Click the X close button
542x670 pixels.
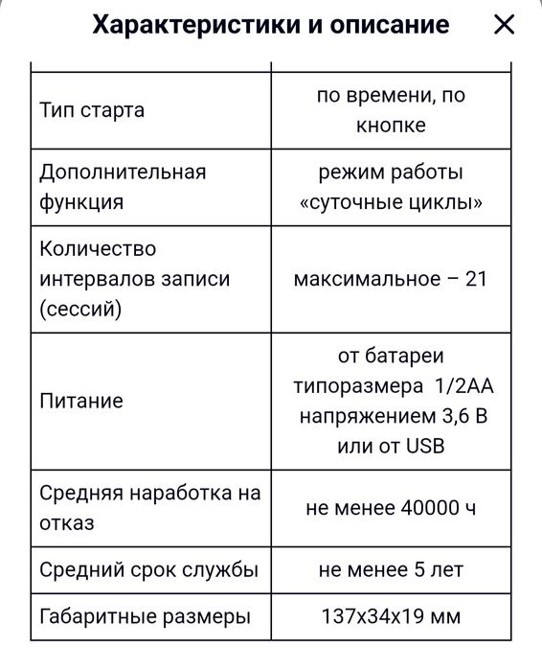[x=504, y=25]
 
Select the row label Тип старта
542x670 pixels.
[x=92, y=110]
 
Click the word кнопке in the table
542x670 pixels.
[x=391, y=126]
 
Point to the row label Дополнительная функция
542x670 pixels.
[x=123, y=187]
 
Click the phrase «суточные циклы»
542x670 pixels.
[x=390, y=203]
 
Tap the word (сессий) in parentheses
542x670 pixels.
[x=81, y=310]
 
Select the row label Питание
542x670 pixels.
[x=81, y=401]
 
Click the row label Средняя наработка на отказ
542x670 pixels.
[x=149, y=508]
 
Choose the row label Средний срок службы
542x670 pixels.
[x=148, y=569]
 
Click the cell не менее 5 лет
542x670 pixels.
[x=391, y=569]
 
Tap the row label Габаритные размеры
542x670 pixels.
[x=145, y=616]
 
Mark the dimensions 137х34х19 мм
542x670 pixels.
[x=391, y=616]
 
